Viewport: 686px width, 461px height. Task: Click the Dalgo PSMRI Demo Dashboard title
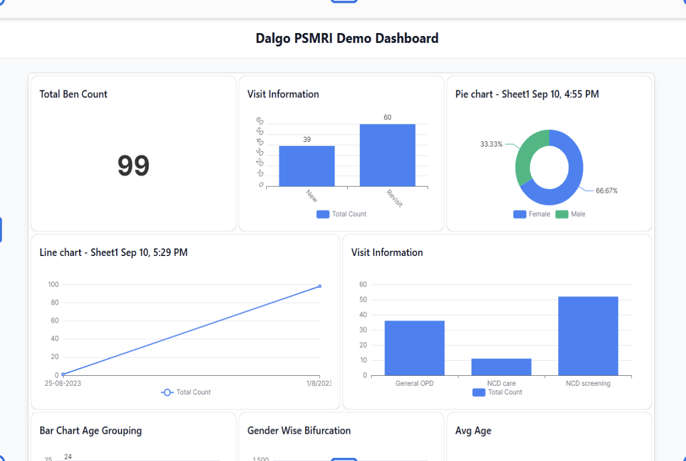(x=347, y=39)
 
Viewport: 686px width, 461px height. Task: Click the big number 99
(x=134, y=166)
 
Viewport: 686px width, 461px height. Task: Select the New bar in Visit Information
(x=307, y=166)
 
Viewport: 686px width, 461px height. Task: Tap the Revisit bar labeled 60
(x=387, y=155)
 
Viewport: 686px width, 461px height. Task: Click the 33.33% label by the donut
(x=491, y=144)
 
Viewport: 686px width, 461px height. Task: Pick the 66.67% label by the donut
(x=606, y=191)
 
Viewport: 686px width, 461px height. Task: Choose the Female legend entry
(x=532, y=214)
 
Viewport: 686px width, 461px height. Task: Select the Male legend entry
(x=570, y=214)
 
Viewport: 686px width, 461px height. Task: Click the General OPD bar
(x=414, y=348)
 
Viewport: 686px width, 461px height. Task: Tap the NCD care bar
(x=501, y=367)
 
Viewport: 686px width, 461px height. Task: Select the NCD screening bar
(x=588, y=336)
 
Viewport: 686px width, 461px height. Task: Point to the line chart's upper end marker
(x=320, y=286)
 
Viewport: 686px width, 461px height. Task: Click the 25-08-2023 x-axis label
(x=62, y=383)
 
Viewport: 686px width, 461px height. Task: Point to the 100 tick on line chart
(x=53, y=284)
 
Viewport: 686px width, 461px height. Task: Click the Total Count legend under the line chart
(x=186, y=392)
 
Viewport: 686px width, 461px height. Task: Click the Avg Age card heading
(x=473, y=431)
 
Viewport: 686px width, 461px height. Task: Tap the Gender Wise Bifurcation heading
(x=299, y=431)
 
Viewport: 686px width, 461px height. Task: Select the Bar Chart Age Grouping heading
(x=91, y=431)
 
